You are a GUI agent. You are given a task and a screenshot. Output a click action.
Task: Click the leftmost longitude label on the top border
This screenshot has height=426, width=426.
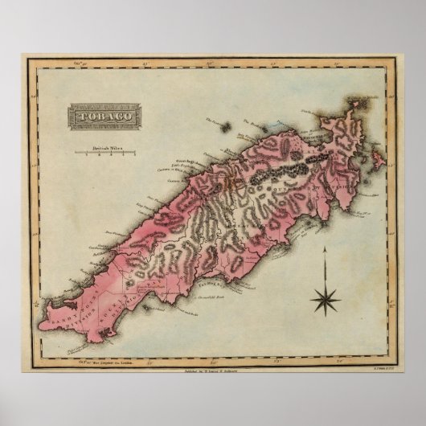coord(80,59)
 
